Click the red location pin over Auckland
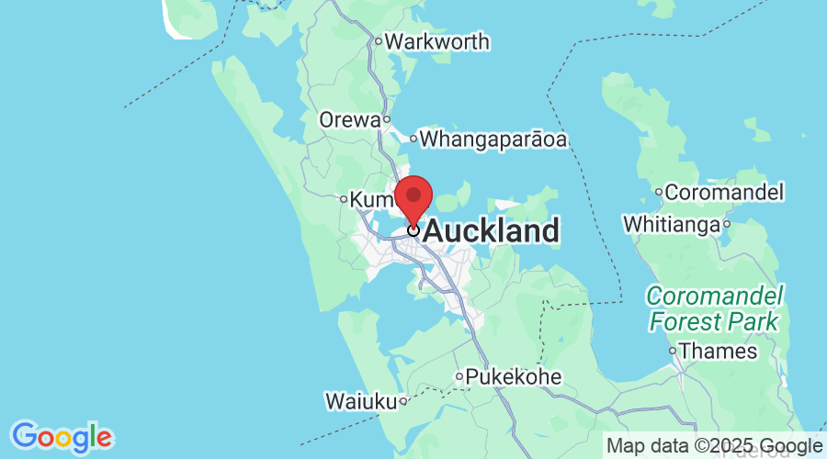click(x=413, y=196)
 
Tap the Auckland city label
click(x=491, y=231)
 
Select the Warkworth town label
click(x=436, y=42)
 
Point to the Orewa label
click(x=349, y=120)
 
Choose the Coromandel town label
click(x=723, y=193)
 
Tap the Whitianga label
click(x=671, y=224)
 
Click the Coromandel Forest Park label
click(x=715, y=309)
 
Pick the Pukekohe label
click(x=513, y=376)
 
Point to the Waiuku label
click(x=360, y=401)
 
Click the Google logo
click(x=62, y=436)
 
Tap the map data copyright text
click(x=717, y=446)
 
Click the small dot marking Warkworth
click(x=377, y=41)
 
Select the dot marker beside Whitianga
click(x=726, y=224)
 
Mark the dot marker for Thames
click(x=673, y=351)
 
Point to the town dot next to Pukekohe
click(x=459, y=376)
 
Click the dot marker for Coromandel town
click(x=658, y=192)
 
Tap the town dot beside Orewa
click(x=387, y=119)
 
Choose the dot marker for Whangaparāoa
click(x=413, y=140)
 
